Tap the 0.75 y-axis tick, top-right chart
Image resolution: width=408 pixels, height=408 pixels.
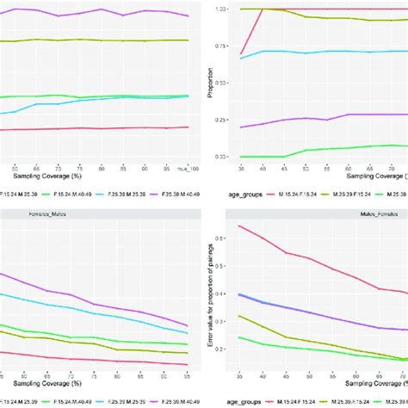222,46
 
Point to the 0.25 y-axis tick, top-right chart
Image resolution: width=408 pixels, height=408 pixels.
222,120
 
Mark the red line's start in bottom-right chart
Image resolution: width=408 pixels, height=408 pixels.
238,226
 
